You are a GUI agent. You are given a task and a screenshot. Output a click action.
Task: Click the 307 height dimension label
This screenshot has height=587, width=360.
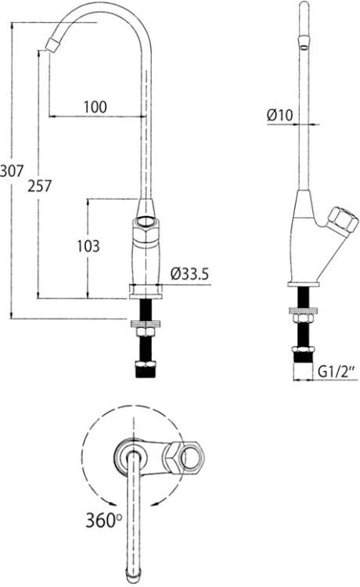pyautogui.click(x=12, y=171)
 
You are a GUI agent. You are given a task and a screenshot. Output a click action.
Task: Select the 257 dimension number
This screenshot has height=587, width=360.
pyautogui.click(x=40, y=185)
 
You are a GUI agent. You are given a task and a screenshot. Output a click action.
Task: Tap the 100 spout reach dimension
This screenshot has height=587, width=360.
pyautogui.click(x=95, y=107)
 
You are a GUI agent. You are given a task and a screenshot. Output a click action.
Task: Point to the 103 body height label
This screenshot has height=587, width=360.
pyautogui.click(x=88, y=246)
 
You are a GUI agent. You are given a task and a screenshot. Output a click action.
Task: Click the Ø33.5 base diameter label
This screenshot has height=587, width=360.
pyautogui.click(x=189, y=275)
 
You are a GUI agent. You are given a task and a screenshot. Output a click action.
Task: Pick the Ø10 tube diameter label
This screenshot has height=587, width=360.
pyautogui.click(x=280, y=115)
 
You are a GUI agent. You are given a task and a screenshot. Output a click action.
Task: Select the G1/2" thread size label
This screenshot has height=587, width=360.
pyautogui.click(x=336, y=372)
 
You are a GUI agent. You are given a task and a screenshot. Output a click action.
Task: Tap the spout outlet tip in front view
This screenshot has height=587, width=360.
pyautogui.click(x=52, y=44)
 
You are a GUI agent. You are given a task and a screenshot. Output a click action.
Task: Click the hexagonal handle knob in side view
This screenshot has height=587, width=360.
pyautogui.click(x=343, y=220)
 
